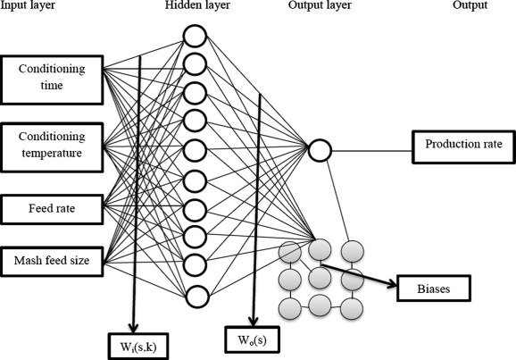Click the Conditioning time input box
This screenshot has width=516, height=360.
tap(52, 80)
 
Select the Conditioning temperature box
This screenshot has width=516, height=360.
tap(52, 147)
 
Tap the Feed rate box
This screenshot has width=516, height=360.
tap(52, 209)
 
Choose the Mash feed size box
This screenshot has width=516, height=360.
tap(52, 261)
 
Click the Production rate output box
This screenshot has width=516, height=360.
tap(463, 147)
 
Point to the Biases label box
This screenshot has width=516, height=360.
tap(434, 289)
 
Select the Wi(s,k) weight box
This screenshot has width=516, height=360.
tap(138, 347)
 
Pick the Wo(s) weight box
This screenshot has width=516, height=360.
tap(252, 339)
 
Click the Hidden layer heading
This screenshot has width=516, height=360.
tap(197, 5)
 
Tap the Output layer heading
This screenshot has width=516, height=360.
tap(320, 5)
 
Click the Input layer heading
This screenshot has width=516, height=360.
tap(28, 5)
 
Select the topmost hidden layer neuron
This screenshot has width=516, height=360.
tap(195, 36)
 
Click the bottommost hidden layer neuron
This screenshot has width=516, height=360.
tap(197, 296)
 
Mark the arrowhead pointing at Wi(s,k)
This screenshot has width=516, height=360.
tap(133, 328)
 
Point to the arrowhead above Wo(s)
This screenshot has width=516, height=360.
tap(253, 321)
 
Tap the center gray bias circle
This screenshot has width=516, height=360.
tap(320, 278)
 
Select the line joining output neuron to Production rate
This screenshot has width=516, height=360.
tap(372, 151)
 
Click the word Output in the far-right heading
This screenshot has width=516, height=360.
tap(470, 5)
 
